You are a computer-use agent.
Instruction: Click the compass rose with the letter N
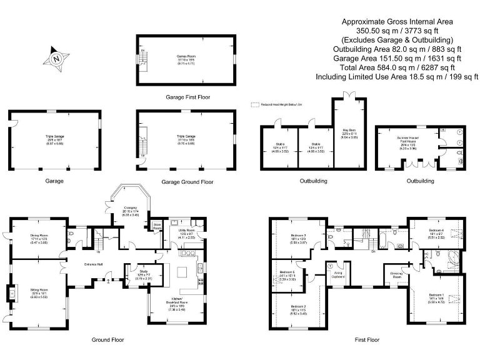coord(56,59)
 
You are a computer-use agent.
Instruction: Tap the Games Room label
coord(186,56)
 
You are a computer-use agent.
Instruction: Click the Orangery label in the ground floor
coord(130,207)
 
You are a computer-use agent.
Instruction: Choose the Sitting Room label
coord(39,289)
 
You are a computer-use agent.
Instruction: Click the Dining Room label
coord(40,236)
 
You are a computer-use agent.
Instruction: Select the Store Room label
coord(157,227)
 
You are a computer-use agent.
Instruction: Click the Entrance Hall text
coord(94,264)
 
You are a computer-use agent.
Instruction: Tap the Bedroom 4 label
coord(436,231)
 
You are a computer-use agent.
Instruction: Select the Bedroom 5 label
coord(288,272)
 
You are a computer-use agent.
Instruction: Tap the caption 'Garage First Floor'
coord(187,97)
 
